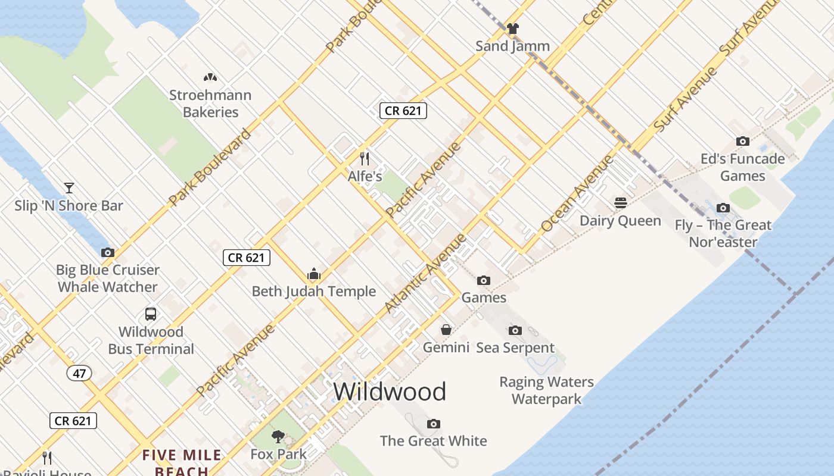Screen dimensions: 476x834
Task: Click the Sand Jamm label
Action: tap(512, 46)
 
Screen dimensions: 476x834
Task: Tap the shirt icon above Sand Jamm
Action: tap(512, 28)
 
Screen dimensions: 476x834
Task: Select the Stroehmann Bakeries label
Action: tap(210, 104)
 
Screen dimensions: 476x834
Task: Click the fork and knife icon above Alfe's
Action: tap(365, 159)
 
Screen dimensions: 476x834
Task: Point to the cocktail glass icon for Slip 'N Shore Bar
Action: tap(69, 188)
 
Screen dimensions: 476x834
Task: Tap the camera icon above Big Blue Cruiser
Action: tap(108, 252)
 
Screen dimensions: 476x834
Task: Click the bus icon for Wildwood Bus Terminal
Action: tap(151, 314)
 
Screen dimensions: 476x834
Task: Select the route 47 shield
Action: tap(79, 374)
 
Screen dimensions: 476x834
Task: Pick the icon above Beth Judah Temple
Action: tap(314, 274)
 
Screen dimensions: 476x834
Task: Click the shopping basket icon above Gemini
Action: tap(446, 330)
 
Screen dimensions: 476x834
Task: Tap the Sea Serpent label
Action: tap(515, 347)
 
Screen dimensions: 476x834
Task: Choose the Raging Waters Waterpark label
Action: tap(546, 390)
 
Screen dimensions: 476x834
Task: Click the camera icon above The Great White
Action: tap(434, 424)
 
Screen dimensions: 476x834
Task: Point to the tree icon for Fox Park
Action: tap(278, 437)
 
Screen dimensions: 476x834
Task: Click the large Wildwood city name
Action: tap(390, 392)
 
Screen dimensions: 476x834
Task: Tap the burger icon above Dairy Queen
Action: tap(621, 203)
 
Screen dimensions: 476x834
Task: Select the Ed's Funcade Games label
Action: tap(742, 167)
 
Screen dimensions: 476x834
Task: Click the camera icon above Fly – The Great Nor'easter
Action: tap(723, 208)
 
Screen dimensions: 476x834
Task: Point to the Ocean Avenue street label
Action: tap(577, 193)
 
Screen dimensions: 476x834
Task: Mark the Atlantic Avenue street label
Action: tap(425, 274)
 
